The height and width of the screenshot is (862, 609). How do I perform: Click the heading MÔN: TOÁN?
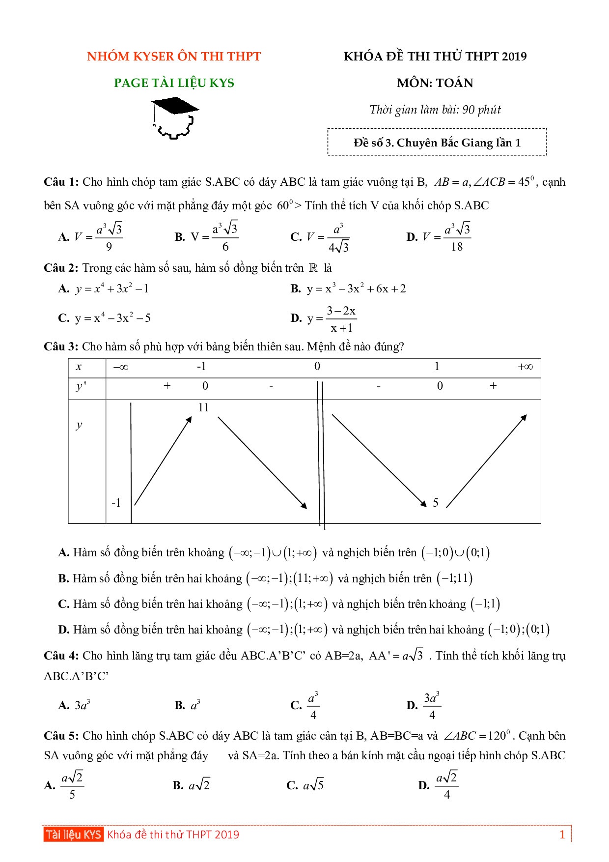tap(435, 83)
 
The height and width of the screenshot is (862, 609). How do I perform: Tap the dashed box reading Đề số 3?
tap(437, 143)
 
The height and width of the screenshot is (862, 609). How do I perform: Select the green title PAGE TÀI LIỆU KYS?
tap(174, 83)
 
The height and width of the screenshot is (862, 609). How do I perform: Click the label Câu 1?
tap(61, 182)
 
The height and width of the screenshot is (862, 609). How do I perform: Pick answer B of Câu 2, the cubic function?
tap(348, 289)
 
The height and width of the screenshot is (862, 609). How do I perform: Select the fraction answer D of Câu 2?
tap(324, 319)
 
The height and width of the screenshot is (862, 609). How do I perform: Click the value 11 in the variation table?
tap(203, 407)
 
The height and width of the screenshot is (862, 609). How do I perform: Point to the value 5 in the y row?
tap(436, 503)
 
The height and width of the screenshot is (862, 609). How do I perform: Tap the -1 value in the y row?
tap(116, 503)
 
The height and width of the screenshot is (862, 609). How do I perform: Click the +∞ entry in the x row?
tap(525, 367)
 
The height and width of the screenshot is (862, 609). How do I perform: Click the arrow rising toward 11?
tap(163, 460)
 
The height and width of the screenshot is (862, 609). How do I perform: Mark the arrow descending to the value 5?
tap(379, 460)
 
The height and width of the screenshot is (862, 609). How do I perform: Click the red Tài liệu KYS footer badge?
tap(73, 834)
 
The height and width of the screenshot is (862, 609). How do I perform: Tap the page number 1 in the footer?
tap(562, 834)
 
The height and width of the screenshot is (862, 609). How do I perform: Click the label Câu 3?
tap(61, 347)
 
